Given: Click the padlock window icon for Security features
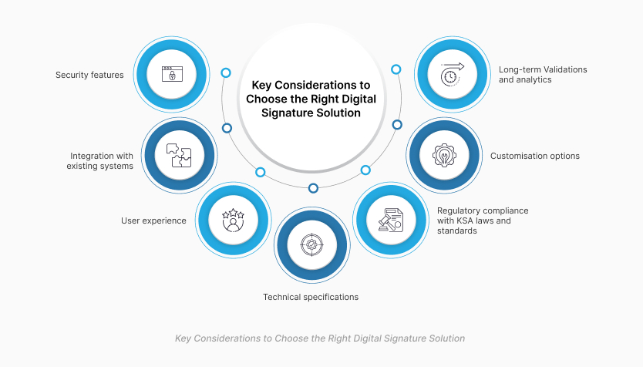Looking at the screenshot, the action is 172,74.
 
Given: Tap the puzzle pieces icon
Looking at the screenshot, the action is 179,156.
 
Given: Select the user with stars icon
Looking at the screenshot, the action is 233,221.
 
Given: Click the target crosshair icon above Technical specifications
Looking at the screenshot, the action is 311,245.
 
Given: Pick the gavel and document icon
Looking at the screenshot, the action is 390,221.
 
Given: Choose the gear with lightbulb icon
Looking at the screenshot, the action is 444,156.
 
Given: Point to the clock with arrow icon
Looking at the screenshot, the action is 452,74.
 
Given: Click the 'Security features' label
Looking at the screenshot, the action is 89,75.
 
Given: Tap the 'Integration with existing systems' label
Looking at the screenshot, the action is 100,160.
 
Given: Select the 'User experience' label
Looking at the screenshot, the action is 153,221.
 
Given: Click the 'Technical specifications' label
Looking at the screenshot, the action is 311,297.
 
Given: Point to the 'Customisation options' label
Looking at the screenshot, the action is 535,156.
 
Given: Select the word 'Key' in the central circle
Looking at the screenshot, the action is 261,86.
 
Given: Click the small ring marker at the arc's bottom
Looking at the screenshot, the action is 313,188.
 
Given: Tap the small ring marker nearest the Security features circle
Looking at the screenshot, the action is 226,73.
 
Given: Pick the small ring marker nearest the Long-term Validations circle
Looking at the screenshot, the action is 396,69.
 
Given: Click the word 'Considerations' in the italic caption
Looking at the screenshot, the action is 227,338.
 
